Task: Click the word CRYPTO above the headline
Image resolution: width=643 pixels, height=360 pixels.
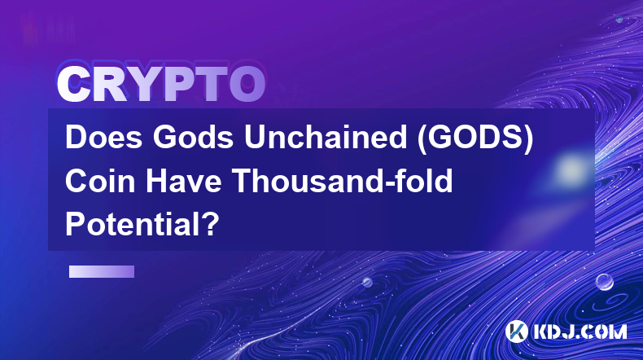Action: (x=161, y=85)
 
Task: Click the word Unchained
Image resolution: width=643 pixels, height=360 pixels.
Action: (x=326, y=137)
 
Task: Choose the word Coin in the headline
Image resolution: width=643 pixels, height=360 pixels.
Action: (x=100, y=181)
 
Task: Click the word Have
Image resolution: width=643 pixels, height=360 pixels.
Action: (x=184, y=181)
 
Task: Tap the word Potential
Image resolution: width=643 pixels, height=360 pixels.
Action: (x=132, y=224)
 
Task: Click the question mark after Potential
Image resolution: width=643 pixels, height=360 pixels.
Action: (x=210, y=224)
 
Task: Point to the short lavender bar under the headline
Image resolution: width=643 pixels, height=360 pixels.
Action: (x=102, y=272)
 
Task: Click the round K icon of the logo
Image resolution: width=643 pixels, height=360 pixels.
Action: (x=516, y=331)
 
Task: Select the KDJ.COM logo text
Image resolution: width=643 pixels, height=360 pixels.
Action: (x=580, y=331)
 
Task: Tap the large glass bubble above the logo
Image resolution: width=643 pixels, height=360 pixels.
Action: (x=604, y=282)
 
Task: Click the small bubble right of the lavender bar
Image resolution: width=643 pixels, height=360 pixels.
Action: (x=367, y=282)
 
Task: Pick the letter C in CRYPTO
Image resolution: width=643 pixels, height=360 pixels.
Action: (x=73, y=85)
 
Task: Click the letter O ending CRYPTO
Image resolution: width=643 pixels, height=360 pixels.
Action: (x=247, y=85)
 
